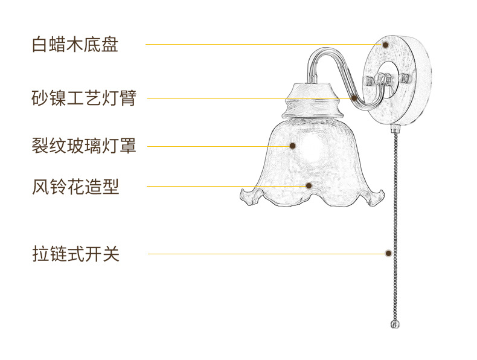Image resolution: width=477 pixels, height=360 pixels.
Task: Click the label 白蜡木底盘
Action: click(x=75, y=45)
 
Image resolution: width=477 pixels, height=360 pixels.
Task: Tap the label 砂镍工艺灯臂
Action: click(x=84, y=98)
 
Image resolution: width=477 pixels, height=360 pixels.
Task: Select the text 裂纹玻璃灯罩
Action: click(x=84, y=146)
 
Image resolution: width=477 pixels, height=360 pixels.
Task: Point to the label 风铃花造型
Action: click(x=75, y=186)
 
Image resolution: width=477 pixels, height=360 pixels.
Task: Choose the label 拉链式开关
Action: click(x=75, y=254)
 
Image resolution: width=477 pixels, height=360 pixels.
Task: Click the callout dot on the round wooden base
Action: click(x=386, y=44)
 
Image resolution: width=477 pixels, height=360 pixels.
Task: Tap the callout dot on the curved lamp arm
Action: click(x=354, y=98)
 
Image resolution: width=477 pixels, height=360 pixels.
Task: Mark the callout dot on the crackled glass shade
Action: click(x=292, y=146)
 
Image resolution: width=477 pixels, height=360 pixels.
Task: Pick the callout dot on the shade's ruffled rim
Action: click(x=309, y=185)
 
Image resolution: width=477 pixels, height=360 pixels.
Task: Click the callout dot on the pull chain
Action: click(x=388, y=254)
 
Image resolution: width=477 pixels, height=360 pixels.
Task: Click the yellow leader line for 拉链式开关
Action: click(x=266, y=254)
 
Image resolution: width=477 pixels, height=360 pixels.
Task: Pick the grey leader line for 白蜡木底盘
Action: click(x=260, y=44)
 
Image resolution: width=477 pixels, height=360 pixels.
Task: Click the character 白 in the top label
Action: click(x=40, y=45)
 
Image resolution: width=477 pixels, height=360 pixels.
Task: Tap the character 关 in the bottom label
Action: click(x=111, y=254)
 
